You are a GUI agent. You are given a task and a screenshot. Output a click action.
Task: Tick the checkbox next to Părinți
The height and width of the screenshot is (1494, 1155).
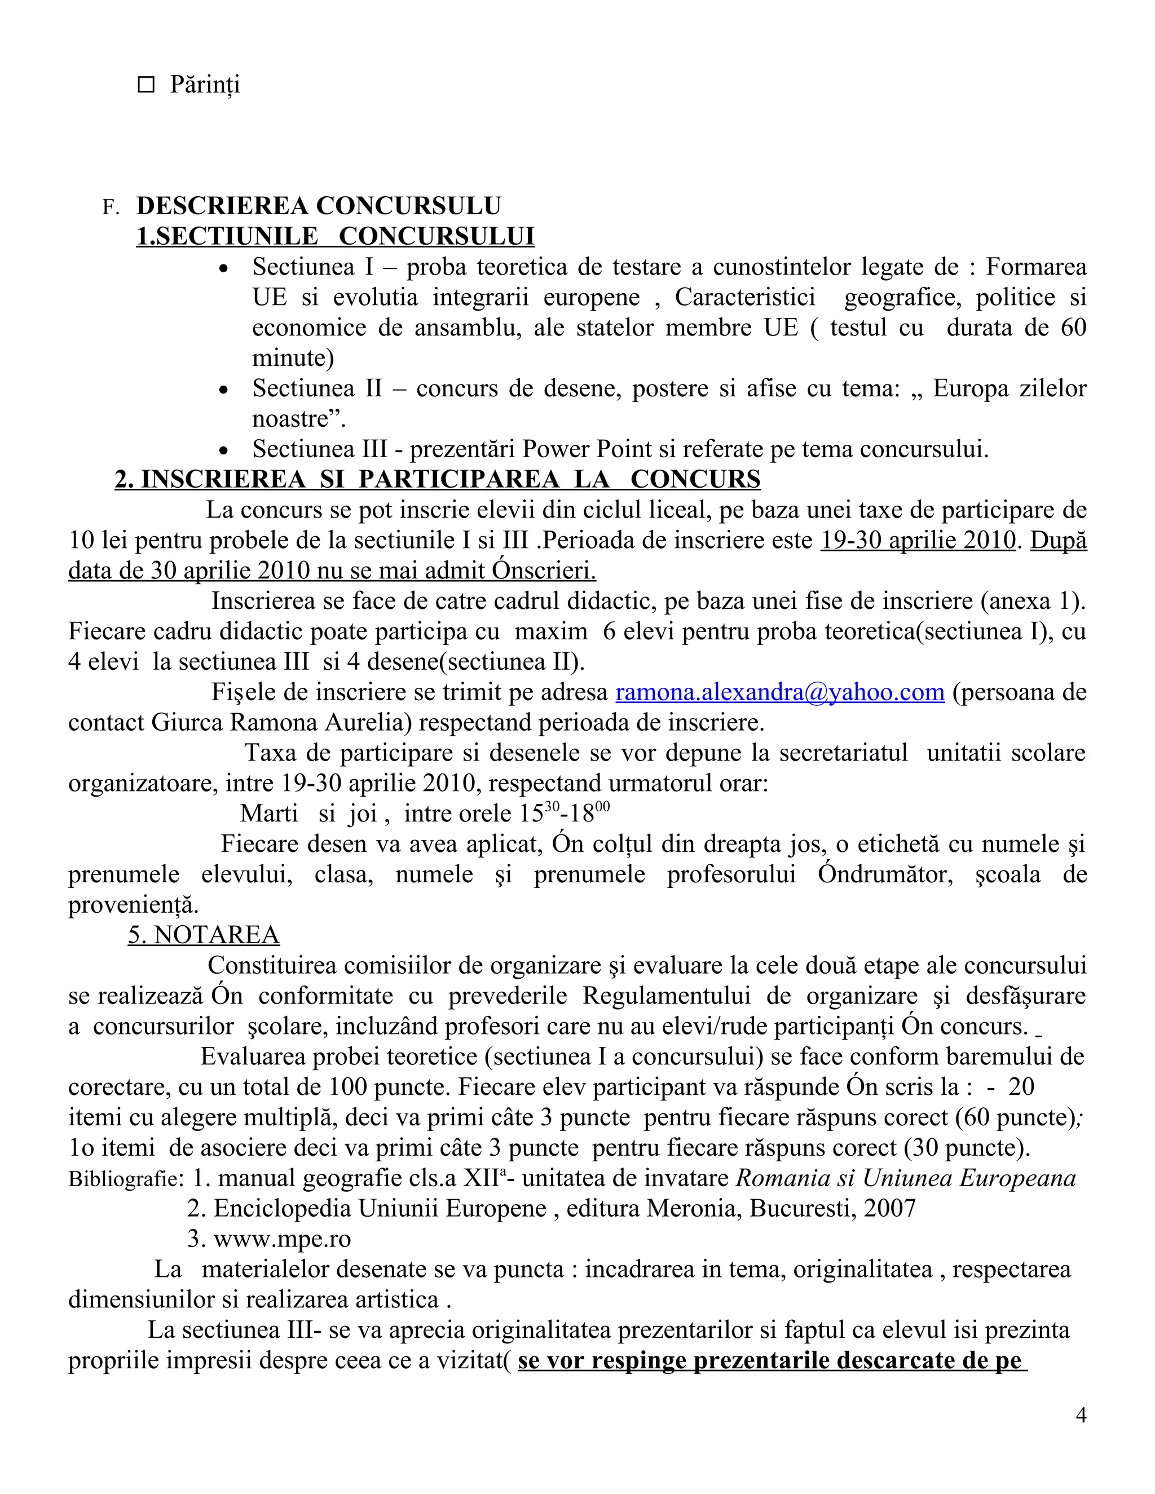click(146, 85)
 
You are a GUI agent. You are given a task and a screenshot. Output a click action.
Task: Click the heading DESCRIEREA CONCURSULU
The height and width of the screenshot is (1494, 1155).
click(318, 206)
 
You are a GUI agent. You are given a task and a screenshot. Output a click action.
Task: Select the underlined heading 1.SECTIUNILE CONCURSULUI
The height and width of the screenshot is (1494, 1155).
click(336, 236)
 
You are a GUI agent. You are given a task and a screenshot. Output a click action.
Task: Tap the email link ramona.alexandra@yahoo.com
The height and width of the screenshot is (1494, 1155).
click(780, 692)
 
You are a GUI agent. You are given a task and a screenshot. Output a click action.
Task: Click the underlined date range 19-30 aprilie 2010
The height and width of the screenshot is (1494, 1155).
click(918, 541)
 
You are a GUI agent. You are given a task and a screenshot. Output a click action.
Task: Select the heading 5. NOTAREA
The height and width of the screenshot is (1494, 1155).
click(204, 935)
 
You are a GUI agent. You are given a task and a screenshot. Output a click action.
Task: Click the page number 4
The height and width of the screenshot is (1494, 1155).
click(1081, 1415)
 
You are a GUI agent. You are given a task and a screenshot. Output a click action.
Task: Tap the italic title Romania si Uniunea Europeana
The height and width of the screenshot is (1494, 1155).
click(905, 1178)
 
